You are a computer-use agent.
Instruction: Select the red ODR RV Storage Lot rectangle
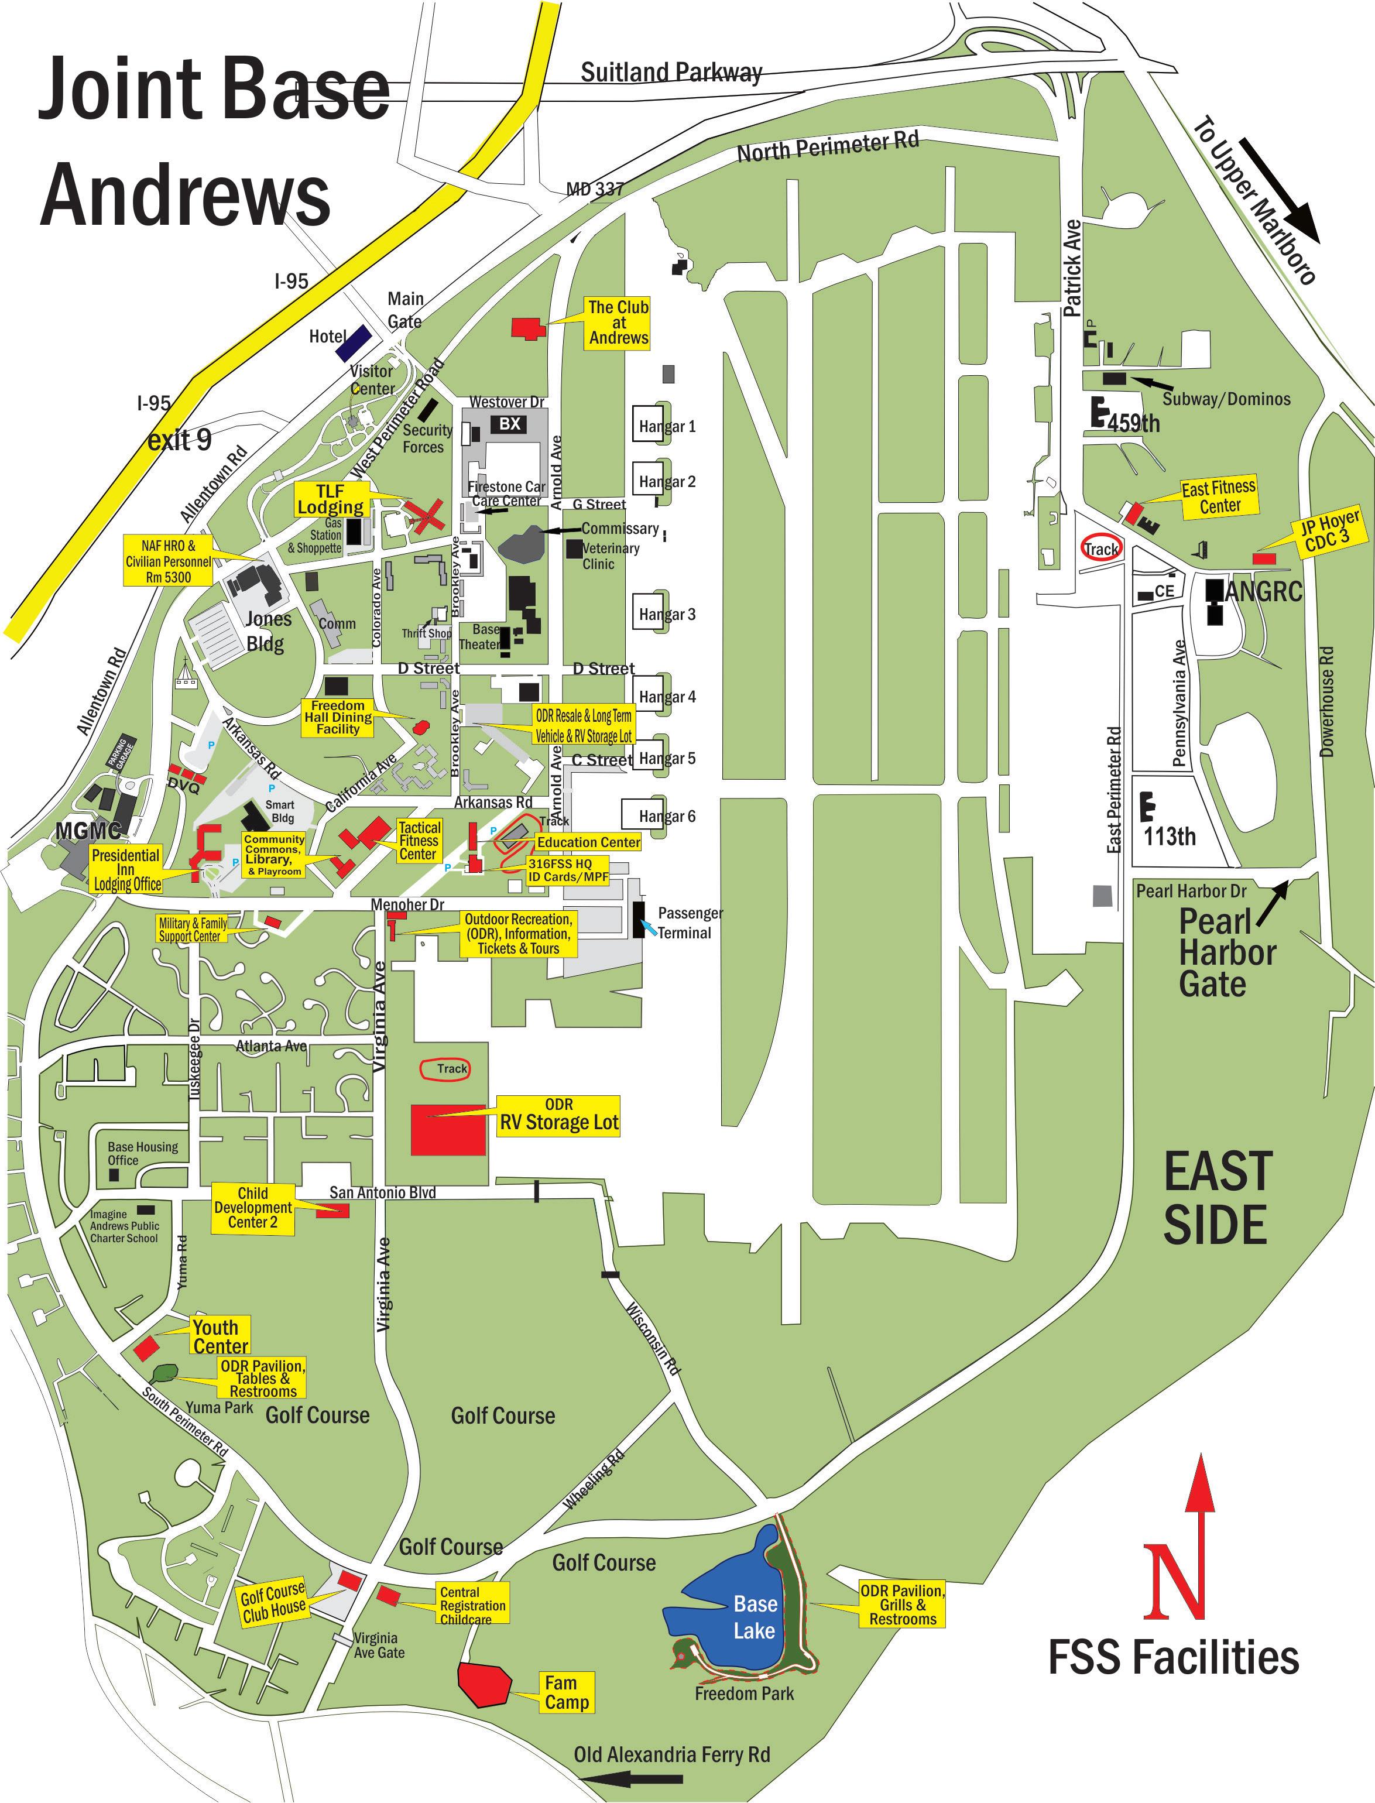pyautogui.click(x=448, y=1129)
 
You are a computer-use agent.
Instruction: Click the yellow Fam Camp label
pyautogui.click(x=567, y=1692)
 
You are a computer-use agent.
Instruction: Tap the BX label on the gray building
pyautogui.click(x=509, y=423)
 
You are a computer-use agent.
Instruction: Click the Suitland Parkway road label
pyautogui.click(x=671, y=72)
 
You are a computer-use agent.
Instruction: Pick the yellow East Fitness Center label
pyautogui.click(x=1219, y=497)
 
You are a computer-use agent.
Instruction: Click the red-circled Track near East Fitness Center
pyautogui.click(x=1101, y=549)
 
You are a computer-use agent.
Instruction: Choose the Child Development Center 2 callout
pyautogui.click(x=252, y=1207)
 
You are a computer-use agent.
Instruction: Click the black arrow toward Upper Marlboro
pyautogui.click(x=1278, y=190)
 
